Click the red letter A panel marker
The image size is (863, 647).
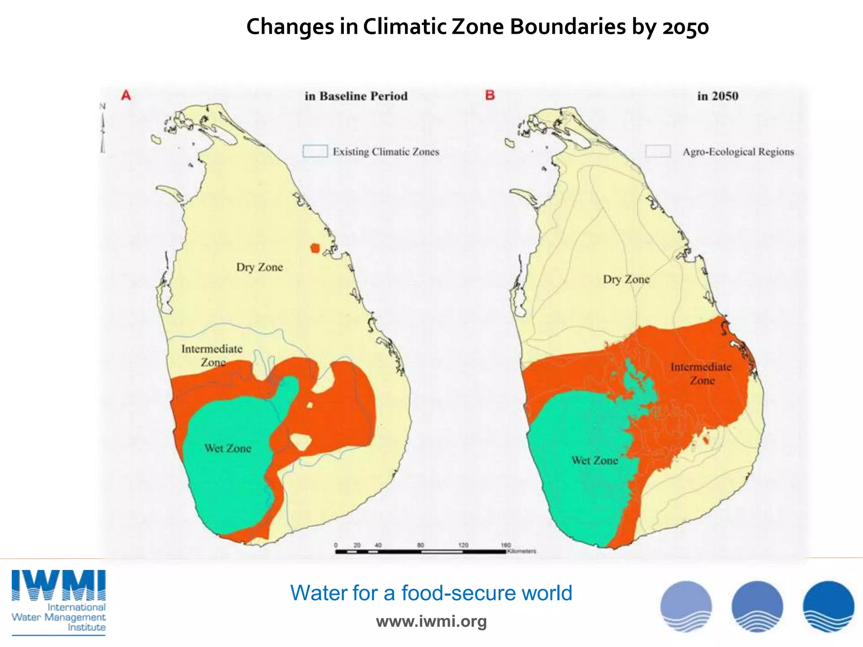(126, 95)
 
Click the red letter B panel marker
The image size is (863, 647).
(490, 95)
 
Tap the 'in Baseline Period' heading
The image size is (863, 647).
(356, 96)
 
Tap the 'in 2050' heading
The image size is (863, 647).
(718, 96)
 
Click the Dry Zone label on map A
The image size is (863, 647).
(259, 267)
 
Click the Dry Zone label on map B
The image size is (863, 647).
(626, 279)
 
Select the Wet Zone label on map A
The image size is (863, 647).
(228, 448)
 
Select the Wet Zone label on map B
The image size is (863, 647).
(595, 460)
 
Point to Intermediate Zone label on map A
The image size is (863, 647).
(212, 355)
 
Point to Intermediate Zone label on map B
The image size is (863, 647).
(701, 373)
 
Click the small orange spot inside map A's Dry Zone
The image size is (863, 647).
(315, 248)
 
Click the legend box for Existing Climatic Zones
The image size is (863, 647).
(315, 151)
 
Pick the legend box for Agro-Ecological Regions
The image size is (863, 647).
(658, 151)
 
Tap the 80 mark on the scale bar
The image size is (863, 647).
(421, 545)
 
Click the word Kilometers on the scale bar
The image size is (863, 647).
(522, 551)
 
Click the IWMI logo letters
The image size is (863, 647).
(59, 586)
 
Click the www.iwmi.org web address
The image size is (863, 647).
(431, 621)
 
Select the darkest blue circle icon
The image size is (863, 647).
(828, 607)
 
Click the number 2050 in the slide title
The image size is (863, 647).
(686, 27)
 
